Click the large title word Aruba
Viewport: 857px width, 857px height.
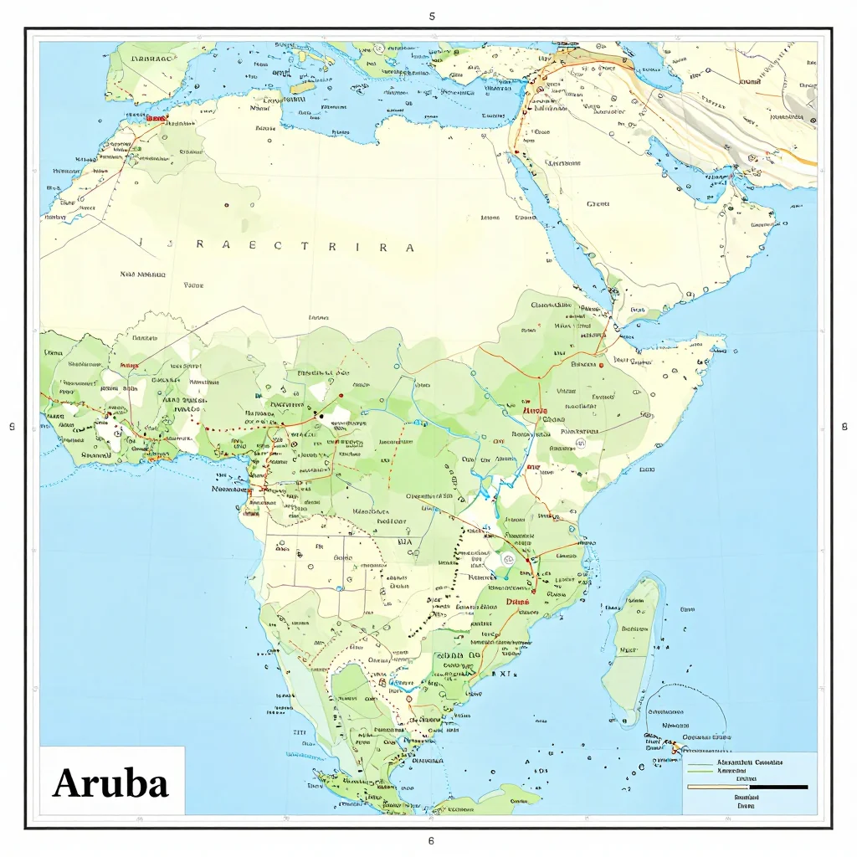[x=110, y=782]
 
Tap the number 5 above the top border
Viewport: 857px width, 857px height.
[x=431, y=16]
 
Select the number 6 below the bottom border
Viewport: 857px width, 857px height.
[x=431, y=840]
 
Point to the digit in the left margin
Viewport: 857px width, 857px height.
[x=12, y=427]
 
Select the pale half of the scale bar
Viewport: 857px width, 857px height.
[x=718, y=787]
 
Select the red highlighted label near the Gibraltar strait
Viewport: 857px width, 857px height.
[x=156, y=118]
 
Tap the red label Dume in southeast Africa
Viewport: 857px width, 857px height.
[x=519, y=601]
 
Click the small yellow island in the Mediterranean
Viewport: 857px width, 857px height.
[x=303, y=87]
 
